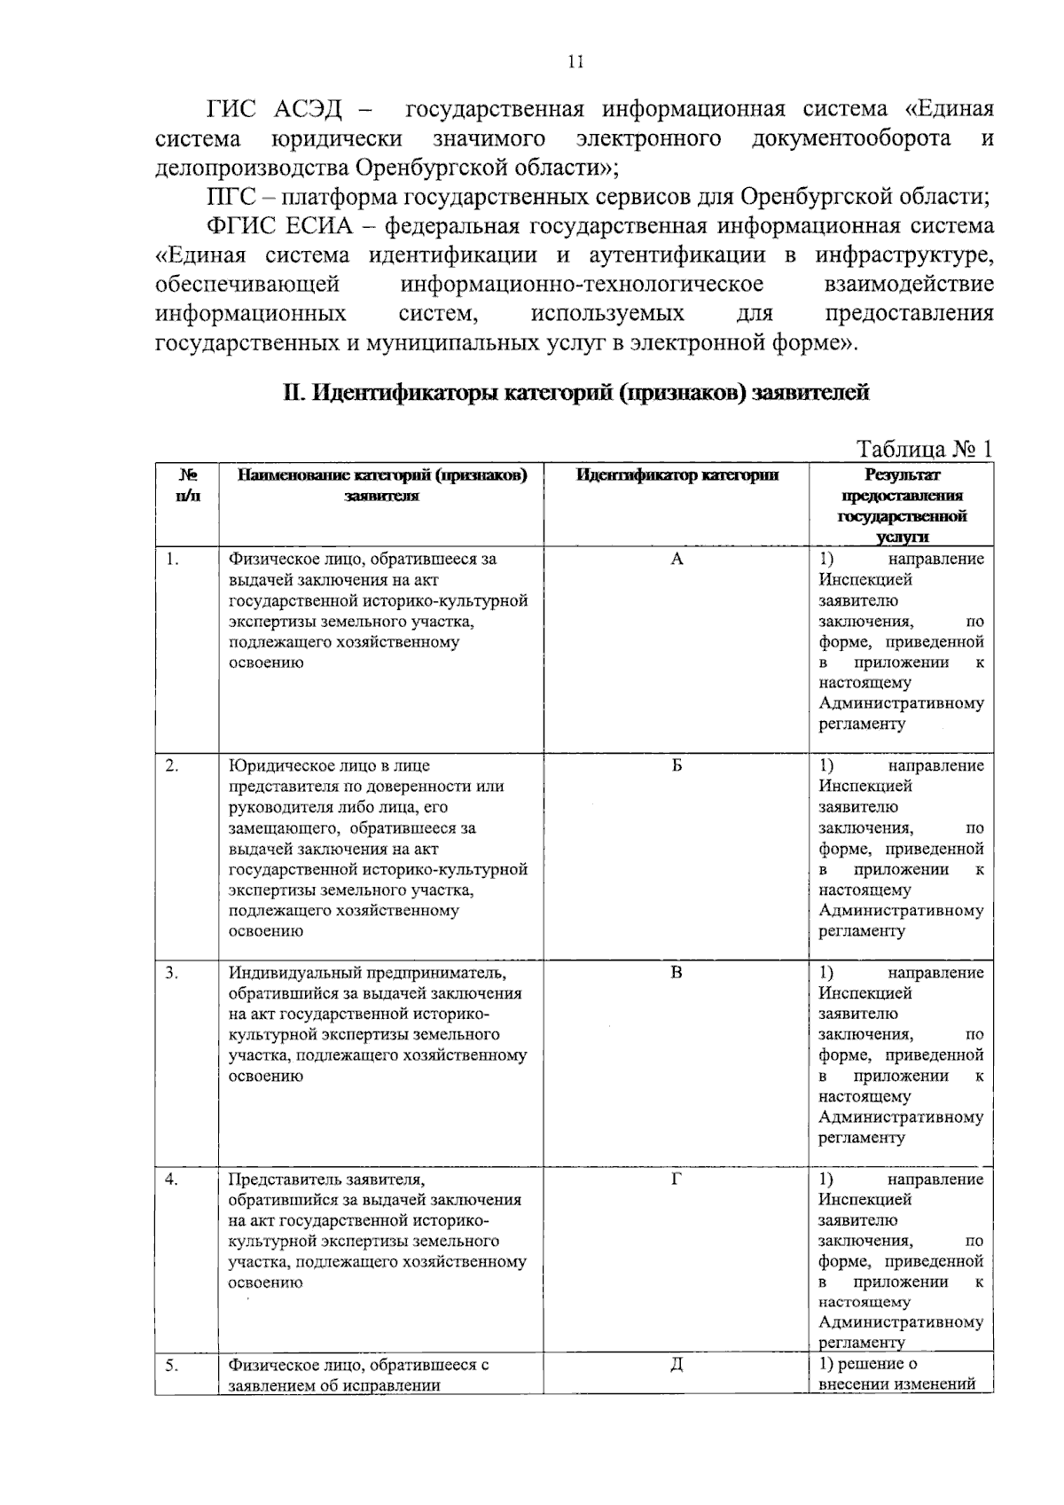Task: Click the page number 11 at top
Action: coord(575,61)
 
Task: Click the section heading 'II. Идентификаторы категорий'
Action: coord(575,392)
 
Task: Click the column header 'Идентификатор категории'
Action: coord(677,475)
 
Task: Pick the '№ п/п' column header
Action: coord(187,485)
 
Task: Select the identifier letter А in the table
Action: coord(677,559)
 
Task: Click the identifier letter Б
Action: coord(677,765)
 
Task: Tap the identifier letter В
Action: coord(677,973)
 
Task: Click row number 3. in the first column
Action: coord(172,973)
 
